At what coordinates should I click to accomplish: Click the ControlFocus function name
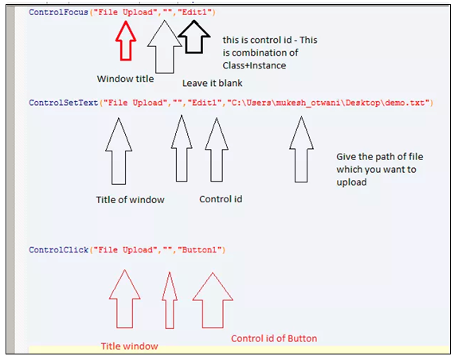point(58,12)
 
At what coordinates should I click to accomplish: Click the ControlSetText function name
point(63,103)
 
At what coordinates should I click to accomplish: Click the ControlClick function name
point(58,249)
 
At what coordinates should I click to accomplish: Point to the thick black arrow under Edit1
point(194,37)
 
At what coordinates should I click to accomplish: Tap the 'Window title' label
point(125,79)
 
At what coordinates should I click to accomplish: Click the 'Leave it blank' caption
point(212,83)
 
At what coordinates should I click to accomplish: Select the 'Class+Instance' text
point(254,65)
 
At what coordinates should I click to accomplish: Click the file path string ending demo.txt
point(328,103)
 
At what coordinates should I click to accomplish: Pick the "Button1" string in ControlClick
point(199,249)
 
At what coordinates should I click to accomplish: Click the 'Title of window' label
point(130,200)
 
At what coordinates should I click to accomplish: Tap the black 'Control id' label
point(221,199)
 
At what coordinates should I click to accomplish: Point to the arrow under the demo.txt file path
point(301,150)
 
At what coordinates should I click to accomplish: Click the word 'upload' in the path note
point(351,182)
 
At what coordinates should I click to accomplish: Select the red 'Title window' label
point(129,346)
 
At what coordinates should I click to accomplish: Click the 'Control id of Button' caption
point(274,338)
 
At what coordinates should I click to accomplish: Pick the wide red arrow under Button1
point(213,300)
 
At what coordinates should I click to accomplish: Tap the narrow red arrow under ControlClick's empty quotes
point(170,300)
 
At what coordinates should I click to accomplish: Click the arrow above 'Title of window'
point(119,151)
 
